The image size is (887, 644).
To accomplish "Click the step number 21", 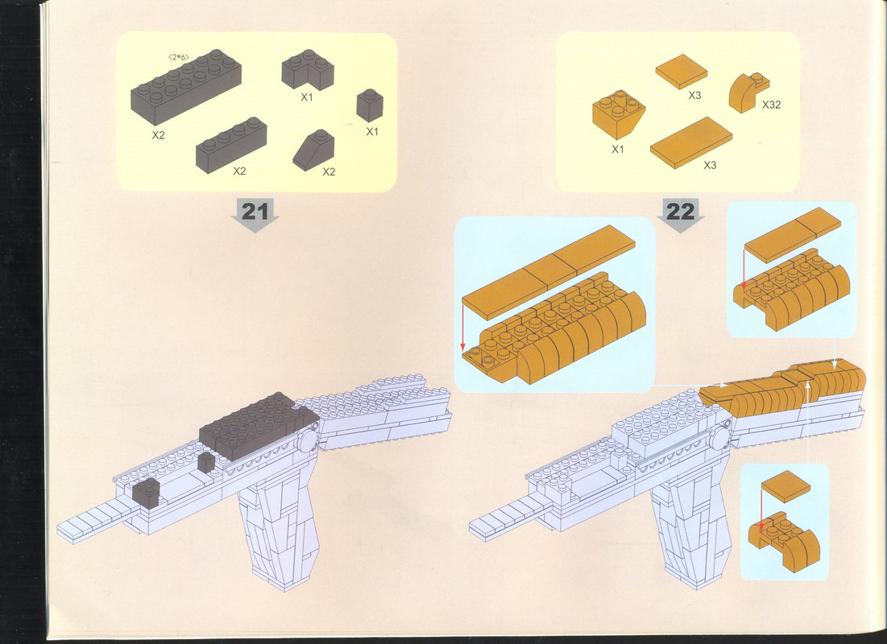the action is pos(255,212).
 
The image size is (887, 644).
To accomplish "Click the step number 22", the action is pos(680,212).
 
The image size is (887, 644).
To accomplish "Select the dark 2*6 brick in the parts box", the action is pos(186,87).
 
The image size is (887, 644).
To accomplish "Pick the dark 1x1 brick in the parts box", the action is pos(370,105).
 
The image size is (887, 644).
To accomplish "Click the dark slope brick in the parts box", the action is pos(314,149).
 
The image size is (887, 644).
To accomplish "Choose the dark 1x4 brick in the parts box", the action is pos(231,145).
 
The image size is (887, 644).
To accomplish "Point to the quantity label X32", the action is pos(771,105).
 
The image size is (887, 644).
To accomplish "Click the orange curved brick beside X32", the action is pos(748,93).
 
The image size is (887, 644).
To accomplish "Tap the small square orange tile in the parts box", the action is pos(681,72).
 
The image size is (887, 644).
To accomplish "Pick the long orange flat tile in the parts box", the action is pos(690,142).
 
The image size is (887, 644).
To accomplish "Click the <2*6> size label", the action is pos(179,56).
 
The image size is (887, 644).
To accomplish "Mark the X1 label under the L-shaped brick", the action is pos(307,97).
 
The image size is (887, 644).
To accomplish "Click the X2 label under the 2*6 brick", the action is pos(159,135).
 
